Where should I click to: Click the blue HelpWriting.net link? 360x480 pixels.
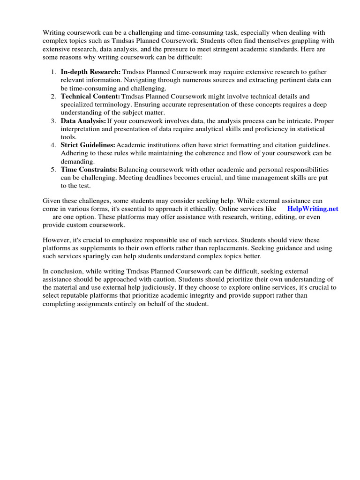click(x=312, y=209)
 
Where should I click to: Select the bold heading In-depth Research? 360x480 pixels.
click(x=90, y=72)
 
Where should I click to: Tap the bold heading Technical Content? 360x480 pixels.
click(x=90, y=96)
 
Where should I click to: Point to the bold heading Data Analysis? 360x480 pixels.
click(x=83, y=121)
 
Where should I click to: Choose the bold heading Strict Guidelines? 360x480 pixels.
click(x=88, y=145)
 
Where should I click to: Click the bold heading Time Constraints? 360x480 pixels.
click(x=89, y=169)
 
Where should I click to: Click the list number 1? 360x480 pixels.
click(x=52, y=72)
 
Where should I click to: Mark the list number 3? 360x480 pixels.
click(x=52, y=121)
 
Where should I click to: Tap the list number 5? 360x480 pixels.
click(x=52, y=169)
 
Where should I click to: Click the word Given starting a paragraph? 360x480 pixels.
click(x=52, y=201)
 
